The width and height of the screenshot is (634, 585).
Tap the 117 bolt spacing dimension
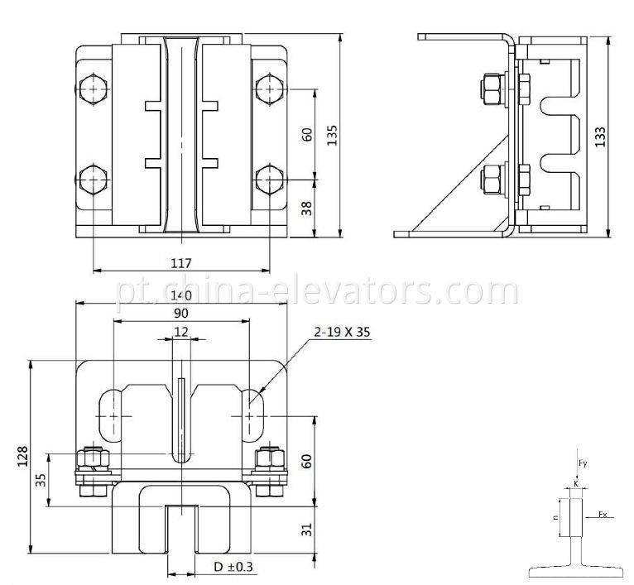pos(181,263)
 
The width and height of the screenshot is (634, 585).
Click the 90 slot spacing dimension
pos(180,314)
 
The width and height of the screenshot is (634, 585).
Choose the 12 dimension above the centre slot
pos(180,332)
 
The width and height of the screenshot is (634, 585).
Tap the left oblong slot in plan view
pos(111,414)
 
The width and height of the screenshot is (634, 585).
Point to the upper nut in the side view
pos(489,89)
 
